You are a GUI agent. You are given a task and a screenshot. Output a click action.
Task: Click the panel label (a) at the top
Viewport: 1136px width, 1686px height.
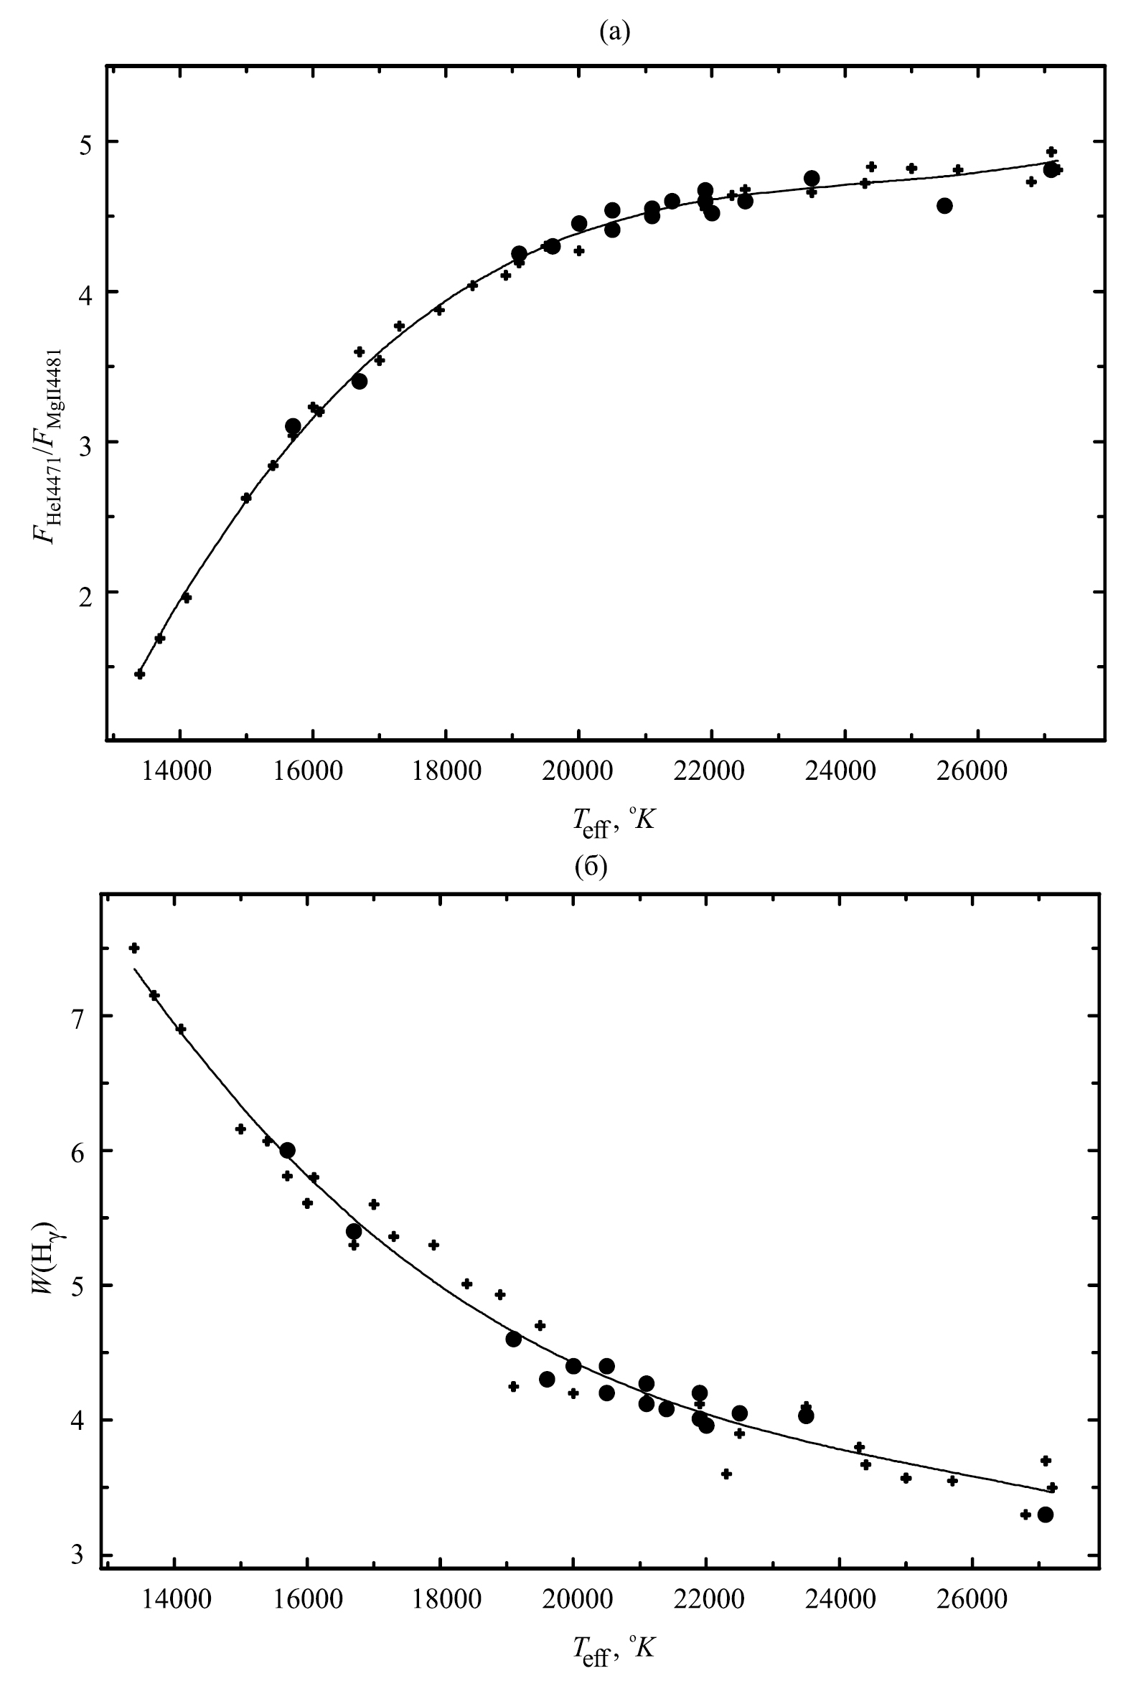615,32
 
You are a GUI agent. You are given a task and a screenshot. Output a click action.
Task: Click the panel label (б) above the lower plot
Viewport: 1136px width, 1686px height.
591,866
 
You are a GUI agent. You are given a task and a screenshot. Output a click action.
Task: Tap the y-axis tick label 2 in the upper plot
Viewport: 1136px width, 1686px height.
86,594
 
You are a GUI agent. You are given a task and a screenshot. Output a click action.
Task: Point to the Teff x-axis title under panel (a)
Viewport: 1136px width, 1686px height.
613,821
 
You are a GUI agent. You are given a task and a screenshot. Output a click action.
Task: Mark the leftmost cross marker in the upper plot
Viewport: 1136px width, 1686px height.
140,674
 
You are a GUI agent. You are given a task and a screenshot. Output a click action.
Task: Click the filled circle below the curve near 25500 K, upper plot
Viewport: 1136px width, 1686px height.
944,206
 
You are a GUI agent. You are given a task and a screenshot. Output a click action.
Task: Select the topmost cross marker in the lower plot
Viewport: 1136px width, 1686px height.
134,948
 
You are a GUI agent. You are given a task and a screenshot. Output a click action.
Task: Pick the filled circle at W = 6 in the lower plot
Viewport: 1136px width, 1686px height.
288,1151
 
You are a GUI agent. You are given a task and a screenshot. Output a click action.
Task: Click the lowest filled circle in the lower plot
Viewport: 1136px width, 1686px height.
1045,1515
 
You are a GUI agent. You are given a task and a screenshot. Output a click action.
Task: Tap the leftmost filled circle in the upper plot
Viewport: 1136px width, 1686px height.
293,426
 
